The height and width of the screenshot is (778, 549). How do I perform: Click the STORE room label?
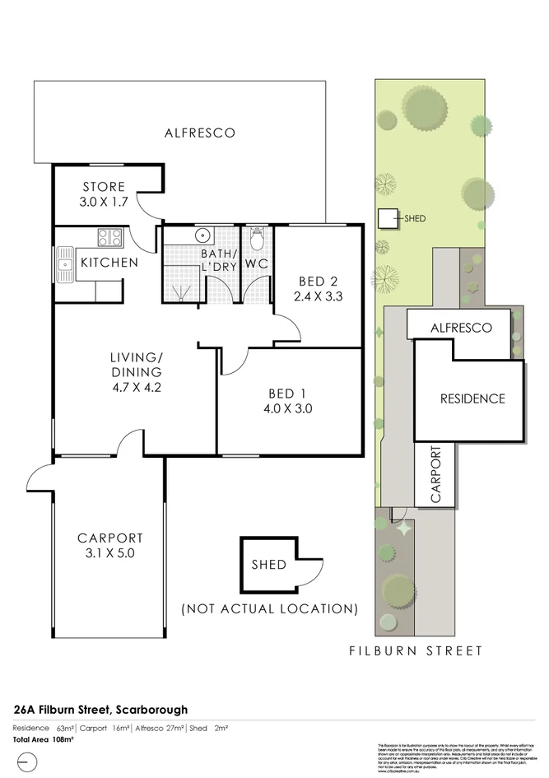(104, 187)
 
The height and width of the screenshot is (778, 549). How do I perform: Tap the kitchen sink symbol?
(65, 264)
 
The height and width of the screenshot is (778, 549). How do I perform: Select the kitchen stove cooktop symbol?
(110, 238)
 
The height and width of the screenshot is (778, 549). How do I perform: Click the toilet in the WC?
(257, 240)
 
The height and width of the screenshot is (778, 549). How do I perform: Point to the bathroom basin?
(202, 235)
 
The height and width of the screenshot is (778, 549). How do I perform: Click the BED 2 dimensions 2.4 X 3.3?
(318, 297)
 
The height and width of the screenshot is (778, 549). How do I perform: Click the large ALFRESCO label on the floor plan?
(199, 133)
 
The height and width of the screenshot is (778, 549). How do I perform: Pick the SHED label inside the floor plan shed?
(268, 565)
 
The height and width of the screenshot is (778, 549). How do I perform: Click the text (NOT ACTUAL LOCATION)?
(269, 609)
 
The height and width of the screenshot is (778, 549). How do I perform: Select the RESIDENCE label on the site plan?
(472, 398)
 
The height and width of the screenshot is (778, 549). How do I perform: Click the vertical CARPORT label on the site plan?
(437, 475)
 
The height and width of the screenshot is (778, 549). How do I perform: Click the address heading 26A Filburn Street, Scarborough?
(100, 709)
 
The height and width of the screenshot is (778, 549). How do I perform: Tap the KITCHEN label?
(109, 263)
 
